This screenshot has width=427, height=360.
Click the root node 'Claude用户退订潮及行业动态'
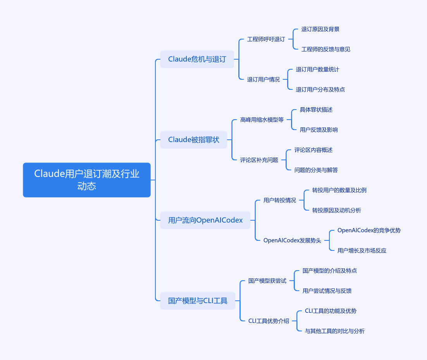pyautogui.click(x=86, y=180)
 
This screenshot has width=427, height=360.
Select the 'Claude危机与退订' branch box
pyautogui.click(x=197, y=59)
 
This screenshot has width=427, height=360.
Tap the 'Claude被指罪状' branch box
pyautogui.click(x=193, y=140)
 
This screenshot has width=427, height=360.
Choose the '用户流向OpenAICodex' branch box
pyautogui.click(x=205, y=220)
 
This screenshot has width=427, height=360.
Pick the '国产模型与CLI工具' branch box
pyautogui.click(x=198, y=301)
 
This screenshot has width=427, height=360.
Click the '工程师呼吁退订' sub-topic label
pyautogui.click(x=266, y=39)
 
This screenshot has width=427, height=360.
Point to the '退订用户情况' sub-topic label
pyautogui.click(x=263, y=79)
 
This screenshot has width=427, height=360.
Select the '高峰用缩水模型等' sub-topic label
pyautogui.click(x=262, y=120)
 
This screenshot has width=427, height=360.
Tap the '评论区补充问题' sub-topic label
pyautogui.click(x=259, y=160)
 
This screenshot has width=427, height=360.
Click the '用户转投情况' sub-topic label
pyautogui.click(x=279, y=200)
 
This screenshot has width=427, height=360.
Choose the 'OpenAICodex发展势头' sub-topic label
pyautogui.click(x=292, y=240)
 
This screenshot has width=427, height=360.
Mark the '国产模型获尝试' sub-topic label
pyautogui.click(x=267, y=281)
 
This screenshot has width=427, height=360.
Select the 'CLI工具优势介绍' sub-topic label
pyautogui.click(x=269, y=321)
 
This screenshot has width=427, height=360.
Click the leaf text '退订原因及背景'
pyautogui.click(x=320, y=29)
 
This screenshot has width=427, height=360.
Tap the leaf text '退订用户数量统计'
pyautogui.click(x=317, y=69)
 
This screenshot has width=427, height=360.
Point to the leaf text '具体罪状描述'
pyautogui.click(x=316, y=110)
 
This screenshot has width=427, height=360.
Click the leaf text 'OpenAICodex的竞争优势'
pyautogui.click(x=369, y=230)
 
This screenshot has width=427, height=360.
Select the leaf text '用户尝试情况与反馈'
pyautogui.click(x=327, y=291)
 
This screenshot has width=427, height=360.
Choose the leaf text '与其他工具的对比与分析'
pyautogui.click(x=334, y=331)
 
